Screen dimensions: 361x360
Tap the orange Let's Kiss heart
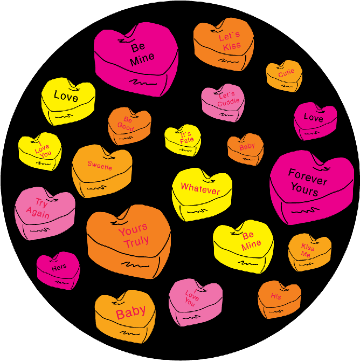coord(224,45)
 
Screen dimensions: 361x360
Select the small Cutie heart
coord(284,74)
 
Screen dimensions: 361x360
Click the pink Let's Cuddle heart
coord(223,102)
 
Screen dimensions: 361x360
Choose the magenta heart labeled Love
coord(315,120)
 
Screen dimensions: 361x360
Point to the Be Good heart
coord(129,125)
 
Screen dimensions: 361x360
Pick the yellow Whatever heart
coord(202,192)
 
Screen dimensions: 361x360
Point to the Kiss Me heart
coord(309,252)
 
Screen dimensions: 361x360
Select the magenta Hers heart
coord(58,270)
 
